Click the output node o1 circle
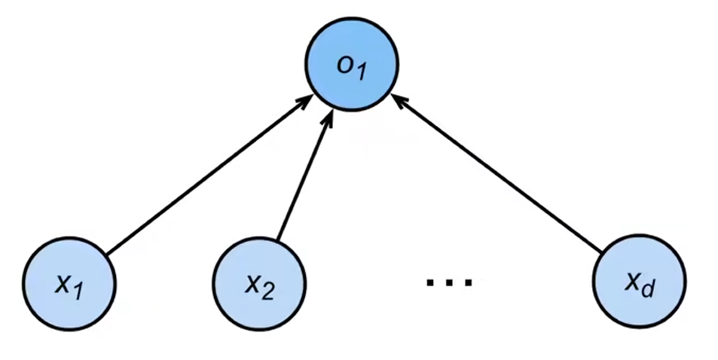pyautogui.click(x=352, y=65)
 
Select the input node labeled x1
pyautogui.click(x=69, y=283)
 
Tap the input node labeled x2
pyautogui.click(x=259, y=283)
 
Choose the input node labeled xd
pyautogui.click(x=639, y=282)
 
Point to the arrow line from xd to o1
pyautogui.click(x=496, y=173)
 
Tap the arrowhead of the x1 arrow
pyautogui.click(x=306, y=101)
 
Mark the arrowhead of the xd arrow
pyautogui.click(x=399, y=100)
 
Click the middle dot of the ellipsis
pyautogui.click(x=449, y=282)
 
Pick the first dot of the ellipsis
pyautogui.click(x=430, y=282)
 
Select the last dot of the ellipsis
pyautogui.click(x=468, y=282)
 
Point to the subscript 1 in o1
pyautogui.click(x=362, y=71)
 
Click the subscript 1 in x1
pyautogui.click(x=79, y=291)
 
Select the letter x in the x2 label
pyautogui.click(x=252, y=285)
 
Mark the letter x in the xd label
pyautogui.click(x=632, y=282)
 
